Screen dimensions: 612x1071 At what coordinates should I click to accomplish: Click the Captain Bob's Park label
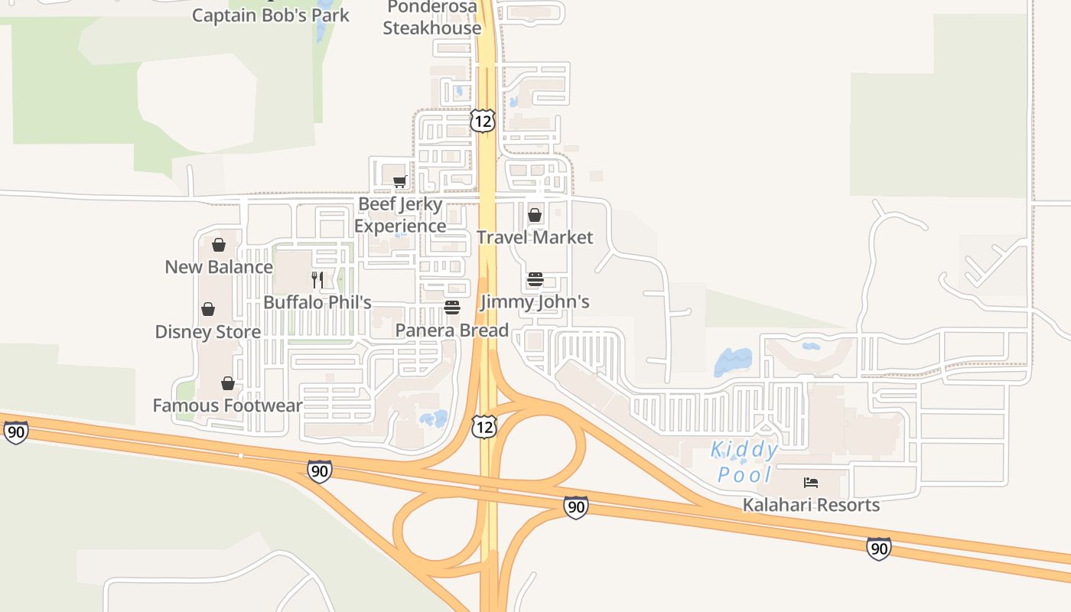click(270, 15)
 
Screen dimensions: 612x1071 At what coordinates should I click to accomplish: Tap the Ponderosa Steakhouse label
click(432, 18)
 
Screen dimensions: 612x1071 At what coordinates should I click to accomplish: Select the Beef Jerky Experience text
click(400, 215)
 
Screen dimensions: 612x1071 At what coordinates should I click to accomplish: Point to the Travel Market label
click(535, 237)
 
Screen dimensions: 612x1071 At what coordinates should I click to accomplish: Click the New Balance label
click(219, 267)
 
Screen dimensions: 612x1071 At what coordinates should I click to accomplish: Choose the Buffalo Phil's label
click(317, 302)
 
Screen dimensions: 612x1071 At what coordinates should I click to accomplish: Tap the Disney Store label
click(208, 332)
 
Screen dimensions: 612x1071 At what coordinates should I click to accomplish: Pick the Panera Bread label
click(452, 330)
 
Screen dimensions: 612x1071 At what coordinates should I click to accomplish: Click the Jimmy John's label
click(535, 302)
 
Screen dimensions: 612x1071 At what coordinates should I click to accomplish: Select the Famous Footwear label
click(228, 405)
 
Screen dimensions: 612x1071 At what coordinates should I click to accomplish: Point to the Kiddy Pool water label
click(744, 462)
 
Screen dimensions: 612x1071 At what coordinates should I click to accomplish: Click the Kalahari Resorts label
click(811, 505)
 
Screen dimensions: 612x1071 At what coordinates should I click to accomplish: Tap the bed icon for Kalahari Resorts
click(811, 483)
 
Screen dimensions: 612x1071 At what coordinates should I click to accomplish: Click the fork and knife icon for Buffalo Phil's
click(317, 280)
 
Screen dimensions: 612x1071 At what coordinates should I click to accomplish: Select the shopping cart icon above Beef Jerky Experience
click(399, 182)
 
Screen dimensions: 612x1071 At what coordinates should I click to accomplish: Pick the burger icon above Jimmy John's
click(535, 280)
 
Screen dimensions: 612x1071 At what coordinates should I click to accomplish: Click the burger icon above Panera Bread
click(452, 308)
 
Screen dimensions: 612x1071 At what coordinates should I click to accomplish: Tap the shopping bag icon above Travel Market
click(535, 215)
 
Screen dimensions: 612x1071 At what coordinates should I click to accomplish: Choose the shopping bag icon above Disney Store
click(208, 310)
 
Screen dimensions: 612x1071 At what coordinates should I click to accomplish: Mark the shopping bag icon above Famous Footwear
click(228, 383)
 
